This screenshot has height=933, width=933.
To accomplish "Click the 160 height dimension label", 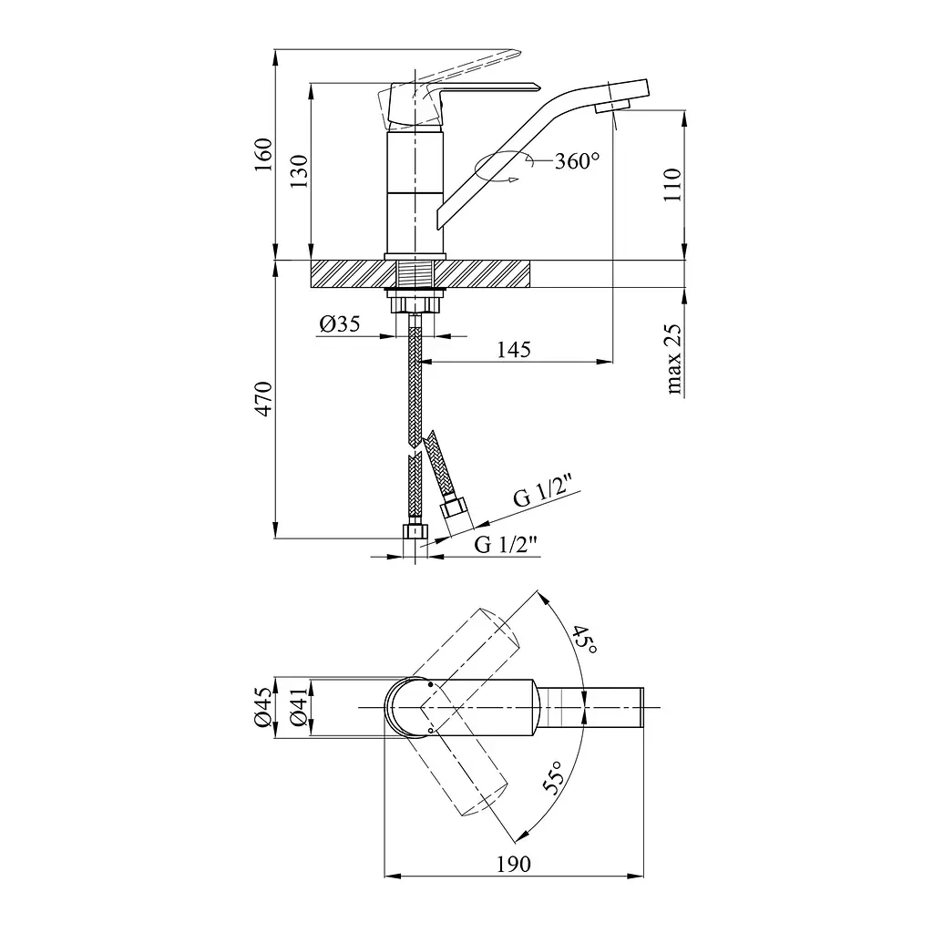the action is point(263,154).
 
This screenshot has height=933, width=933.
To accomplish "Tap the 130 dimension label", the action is point(299,171).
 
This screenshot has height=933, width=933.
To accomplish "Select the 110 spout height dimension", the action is point(672,185).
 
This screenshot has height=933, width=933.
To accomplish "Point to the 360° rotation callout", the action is point(577,160).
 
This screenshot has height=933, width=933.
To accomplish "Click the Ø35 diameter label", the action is point(340,323).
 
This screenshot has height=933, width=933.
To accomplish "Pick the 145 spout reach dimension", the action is point(514,349).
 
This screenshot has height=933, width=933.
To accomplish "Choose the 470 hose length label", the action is point(263,399).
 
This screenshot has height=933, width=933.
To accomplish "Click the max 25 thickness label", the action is point(672,359).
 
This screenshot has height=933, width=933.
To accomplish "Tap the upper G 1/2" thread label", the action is point(547,491).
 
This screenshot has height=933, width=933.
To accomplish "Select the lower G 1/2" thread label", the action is point(506,544).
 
